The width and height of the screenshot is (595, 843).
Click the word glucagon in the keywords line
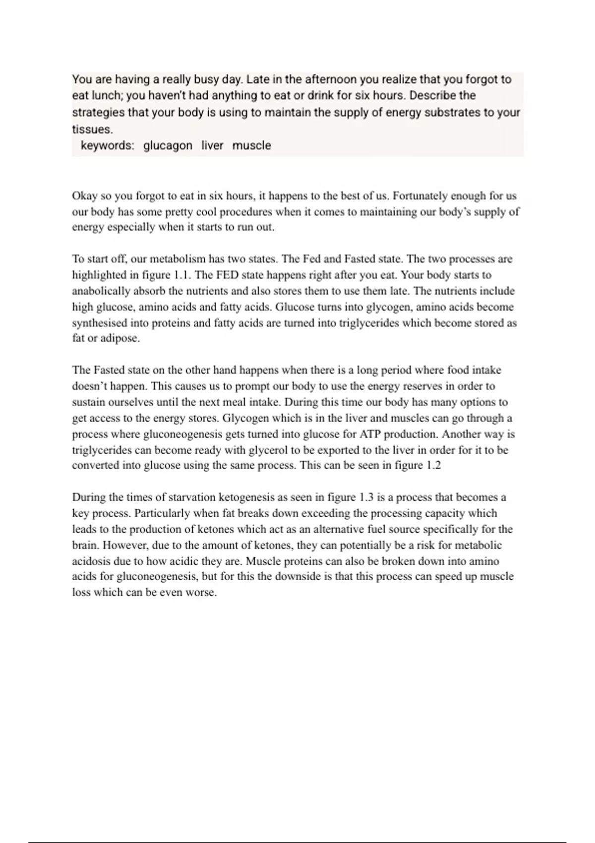pos(168,146)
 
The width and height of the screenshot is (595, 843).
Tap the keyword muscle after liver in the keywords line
pos(251,146)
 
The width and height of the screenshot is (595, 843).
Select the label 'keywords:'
pos(107,146)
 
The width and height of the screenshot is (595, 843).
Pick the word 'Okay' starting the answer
pos(85,196)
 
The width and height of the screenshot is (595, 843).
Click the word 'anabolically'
pos(101,291)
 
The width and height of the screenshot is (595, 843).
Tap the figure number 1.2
pos(433,466)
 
